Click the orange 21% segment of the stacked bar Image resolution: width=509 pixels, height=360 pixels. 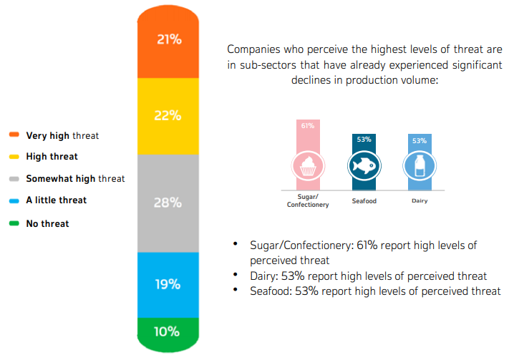pyautogui.click(x=169, y=43)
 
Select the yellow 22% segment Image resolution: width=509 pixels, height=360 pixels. pyautogui.click(x=169, y=115)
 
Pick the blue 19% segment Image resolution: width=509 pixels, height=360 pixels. pyautogui.click(x=169, y=283)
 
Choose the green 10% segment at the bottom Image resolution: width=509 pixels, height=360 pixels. pyautogui.click(x=169, y=332)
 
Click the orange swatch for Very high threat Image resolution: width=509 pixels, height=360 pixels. pyautogui.click(x=14, y=135)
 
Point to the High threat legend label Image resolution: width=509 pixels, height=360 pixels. pyautogui.click(x=52, y=156)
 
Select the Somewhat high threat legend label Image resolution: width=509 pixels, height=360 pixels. pyautogui.click(x=75, y=178)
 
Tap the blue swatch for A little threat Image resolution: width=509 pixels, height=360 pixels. pyautogui.click(x=14, y=200)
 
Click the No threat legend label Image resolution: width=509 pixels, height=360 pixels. pyautogui.click(x=47, y=223)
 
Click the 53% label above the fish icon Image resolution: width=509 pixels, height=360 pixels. pyautogui.click(x=364, y=140)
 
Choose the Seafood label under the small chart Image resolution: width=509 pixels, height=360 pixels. pyautogui.click(x=364, y=201)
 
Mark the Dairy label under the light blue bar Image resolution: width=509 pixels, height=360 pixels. pyautogui.click(x=420, y=201)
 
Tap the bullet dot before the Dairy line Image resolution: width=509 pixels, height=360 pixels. pyautogui.click(x=236, y=275)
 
